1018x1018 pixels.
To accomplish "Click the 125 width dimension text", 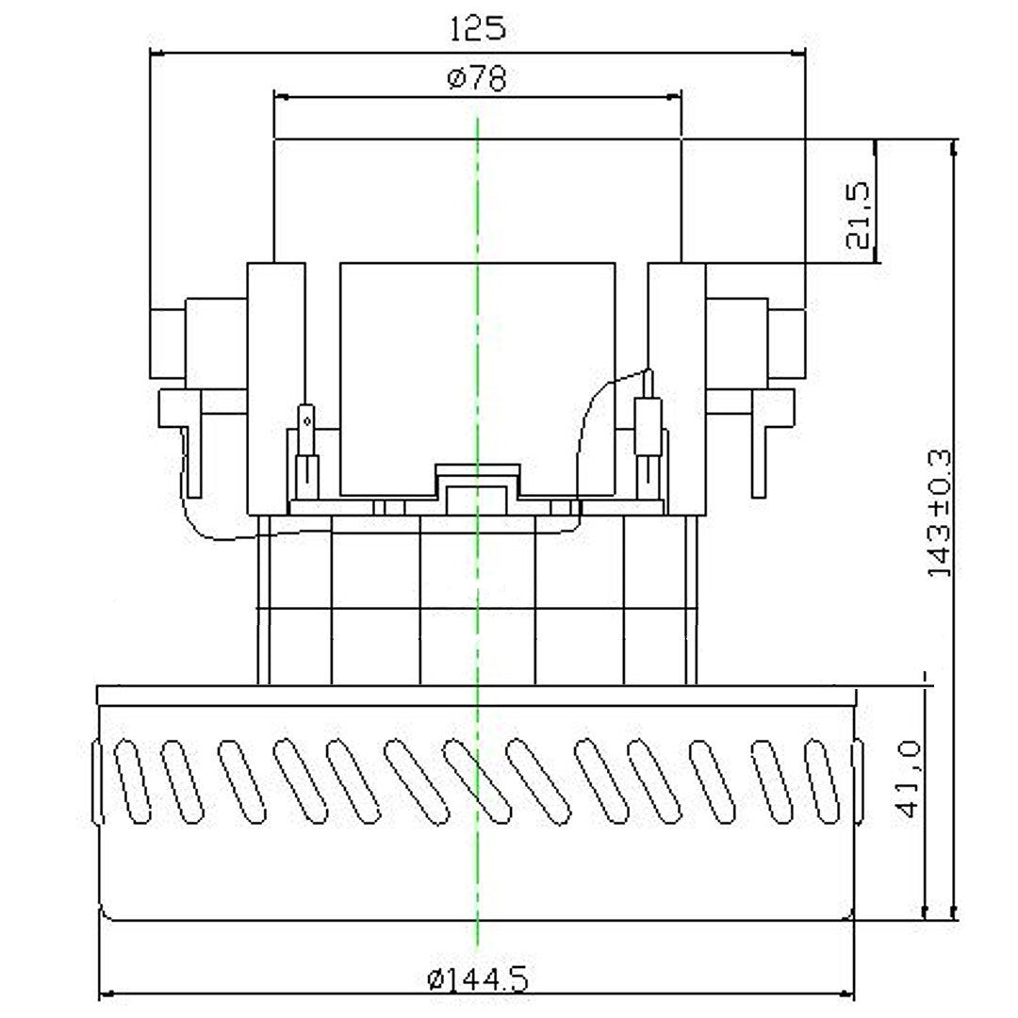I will point(477,28).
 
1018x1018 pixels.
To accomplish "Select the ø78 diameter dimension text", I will point(477,79).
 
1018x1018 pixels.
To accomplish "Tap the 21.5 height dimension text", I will point(861,214).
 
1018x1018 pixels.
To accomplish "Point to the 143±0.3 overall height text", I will point(940,513).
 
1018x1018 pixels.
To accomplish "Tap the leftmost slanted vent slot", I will point(131,781).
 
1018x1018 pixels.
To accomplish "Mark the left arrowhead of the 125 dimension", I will point(156,53).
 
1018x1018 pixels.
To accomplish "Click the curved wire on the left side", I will point(203,528).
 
